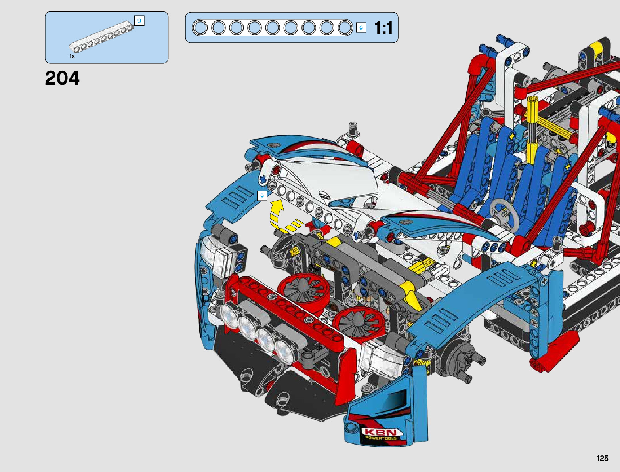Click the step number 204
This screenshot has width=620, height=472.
[x=62, y=78]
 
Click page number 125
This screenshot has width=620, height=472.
[x=603, y=458]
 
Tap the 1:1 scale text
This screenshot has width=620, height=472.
[x=383, y=28]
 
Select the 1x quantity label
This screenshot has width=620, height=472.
[x=72, y=56]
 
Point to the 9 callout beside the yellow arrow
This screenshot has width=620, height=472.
[x=262, y=196]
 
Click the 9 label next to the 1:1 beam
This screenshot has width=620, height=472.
[x=361, y=28]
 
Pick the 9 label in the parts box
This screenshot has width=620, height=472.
[x=139, y=21]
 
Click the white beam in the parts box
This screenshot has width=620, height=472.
[x=101, y=37]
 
